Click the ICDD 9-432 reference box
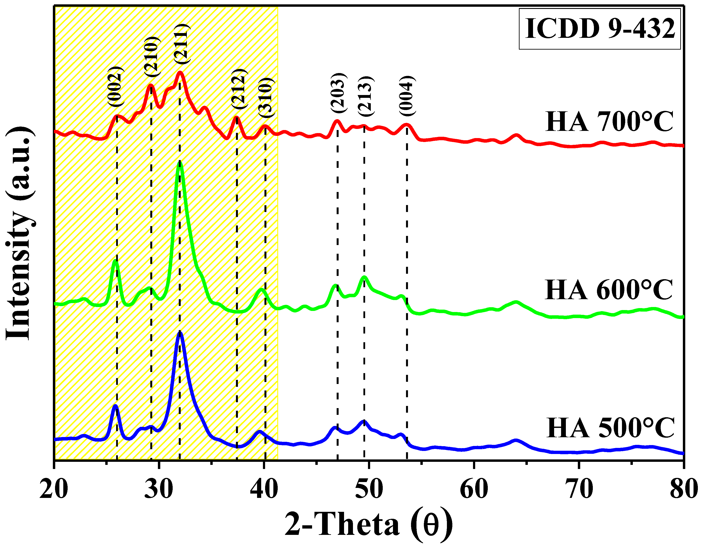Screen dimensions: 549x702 click(600, 29)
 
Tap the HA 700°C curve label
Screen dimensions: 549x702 click(609, 122)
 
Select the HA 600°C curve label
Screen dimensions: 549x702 click(608, 290)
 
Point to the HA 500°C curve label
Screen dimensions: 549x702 click(610, 428)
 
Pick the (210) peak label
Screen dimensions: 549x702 click(151, 57)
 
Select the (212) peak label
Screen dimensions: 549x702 click(239, 89)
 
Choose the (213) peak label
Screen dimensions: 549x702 click(366, 97)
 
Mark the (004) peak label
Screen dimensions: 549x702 click(408, 96)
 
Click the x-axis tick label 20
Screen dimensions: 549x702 click(54, 489)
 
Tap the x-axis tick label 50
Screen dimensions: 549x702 click(369, 489)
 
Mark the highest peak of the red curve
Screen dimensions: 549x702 click(180, 73)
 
